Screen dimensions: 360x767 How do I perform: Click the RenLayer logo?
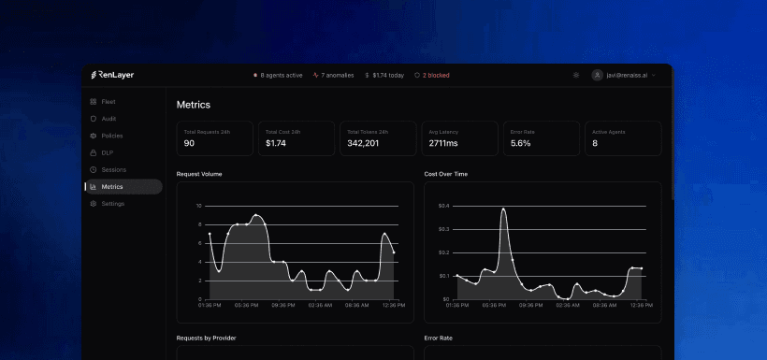click(111, 75)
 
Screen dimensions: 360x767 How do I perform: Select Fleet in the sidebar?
click(109, 101)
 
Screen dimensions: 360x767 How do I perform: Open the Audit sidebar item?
click(109, 119)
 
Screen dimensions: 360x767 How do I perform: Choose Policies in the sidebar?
click(111, 136)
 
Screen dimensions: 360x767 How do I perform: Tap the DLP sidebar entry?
click(107, 152)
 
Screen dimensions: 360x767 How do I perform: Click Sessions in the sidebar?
click(113, 169)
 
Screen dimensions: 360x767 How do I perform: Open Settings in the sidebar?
click(112, 203)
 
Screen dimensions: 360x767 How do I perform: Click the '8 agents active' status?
click(278, 75)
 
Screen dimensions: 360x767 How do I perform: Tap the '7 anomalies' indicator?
click(334, 75)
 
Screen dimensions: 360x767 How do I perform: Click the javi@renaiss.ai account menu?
click(623, 75)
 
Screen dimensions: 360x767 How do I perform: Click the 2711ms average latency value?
click(442, 143)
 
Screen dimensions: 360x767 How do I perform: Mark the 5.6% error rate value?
click(521, 143)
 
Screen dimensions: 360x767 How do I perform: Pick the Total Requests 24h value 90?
click(189, 143)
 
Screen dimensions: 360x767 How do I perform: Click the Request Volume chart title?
click(199, 174)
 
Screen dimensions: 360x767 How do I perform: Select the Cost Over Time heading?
click(445, 174)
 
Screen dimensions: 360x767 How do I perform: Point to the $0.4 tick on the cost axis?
click(443, 206)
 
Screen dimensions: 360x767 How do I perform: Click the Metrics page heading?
click(194, 105)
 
